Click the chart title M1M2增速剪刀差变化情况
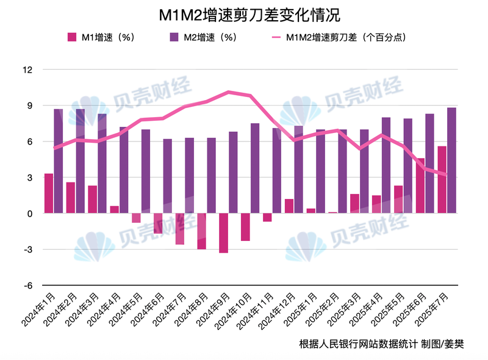244,15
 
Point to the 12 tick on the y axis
27,70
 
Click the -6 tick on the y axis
27,286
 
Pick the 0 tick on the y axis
29,214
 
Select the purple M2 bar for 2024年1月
59,161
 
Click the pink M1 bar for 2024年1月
49,193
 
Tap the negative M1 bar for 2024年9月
224,233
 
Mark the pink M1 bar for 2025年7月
442,180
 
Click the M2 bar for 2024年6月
168,176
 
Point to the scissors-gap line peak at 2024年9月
228,92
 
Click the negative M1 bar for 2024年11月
267,218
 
